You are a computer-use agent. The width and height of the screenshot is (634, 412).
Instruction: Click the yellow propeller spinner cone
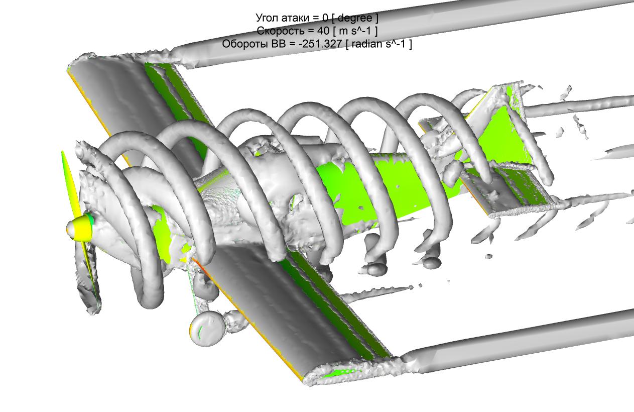click(x=80, y=229)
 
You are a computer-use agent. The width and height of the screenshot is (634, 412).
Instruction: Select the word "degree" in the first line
click(x=355, y=18)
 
